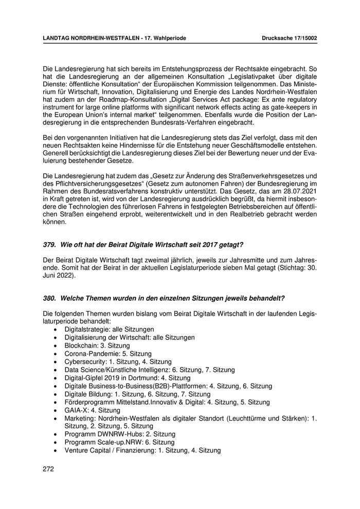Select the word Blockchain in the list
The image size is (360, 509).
(82, 346)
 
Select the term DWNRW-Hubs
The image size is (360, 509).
(120, 434)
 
